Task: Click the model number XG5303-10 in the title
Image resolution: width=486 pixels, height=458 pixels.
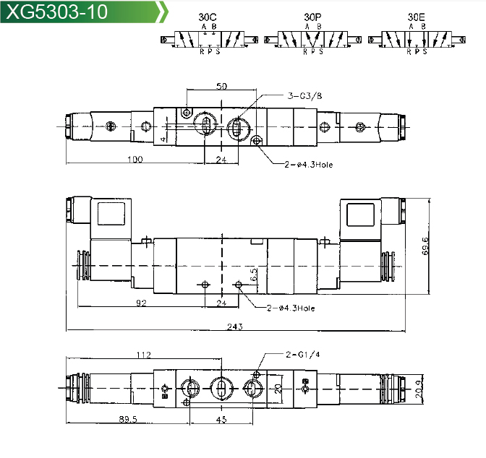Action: [x=56, y=12]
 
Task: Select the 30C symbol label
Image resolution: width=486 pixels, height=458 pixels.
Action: [x=208, y=17]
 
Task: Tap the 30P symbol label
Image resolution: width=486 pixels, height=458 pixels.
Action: [x=312, y=17]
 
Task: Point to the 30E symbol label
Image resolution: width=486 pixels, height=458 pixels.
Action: [x=417, y=17]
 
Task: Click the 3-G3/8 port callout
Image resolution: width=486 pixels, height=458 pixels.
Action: [x=304, y=95]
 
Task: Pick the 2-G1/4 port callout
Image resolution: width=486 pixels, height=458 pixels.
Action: [x=302, y=354]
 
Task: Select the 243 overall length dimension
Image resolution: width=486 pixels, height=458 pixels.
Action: [x=234, y=327]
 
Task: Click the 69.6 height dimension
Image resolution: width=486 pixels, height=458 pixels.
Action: [x=425, y=246]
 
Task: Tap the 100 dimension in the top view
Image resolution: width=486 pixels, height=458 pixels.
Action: [x=135, y=159]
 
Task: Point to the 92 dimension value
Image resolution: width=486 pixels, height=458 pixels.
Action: [x=141, y=303]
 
